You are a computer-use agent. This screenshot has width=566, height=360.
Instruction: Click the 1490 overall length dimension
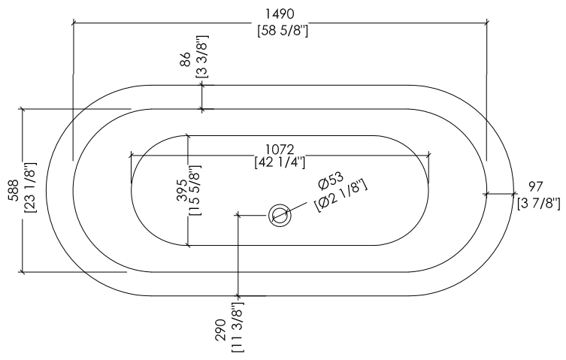tap(280, 14)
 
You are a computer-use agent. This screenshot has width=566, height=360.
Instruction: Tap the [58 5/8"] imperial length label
tap(283, 31)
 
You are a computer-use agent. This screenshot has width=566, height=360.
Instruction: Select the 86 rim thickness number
tap(185, 59)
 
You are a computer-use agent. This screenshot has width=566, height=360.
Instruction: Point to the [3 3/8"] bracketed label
tap(202, 56)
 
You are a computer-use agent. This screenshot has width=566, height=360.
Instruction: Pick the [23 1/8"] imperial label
tap(30, 188)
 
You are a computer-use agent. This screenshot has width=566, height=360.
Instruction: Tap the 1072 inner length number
tap(280, 149)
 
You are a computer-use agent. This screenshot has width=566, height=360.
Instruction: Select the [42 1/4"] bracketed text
tap(280, 162)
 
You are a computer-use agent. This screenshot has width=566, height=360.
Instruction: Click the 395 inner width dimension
tap(182, 190)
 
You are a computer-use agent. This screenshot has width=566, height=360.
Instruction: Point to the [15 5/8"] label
tap(195, 190)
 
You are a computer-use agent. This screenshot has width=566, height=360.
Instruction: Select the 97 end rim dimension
tap(536, 186)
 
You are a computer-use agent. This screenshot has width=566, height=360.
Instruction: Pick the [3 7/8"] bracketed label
tap(539, 203)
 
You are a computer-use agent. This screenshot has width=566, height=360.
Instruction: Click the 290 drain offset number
tap(220, 330)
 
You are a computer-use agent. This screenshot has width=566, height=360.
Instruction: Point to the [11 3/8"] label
tap(238, 328)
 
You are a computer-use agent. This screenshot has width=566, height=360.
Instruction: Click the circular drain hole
tap(280, 216)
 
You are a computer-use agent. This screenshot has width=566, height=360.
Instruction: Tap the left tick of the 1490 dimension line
tap(73, 23)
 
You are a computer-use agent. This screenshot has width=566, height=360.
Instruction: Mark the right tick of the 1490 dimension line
tap(486, 23)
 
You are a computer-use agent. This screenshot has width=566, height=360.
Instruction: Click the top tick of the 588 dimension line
tap(23, 108)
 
